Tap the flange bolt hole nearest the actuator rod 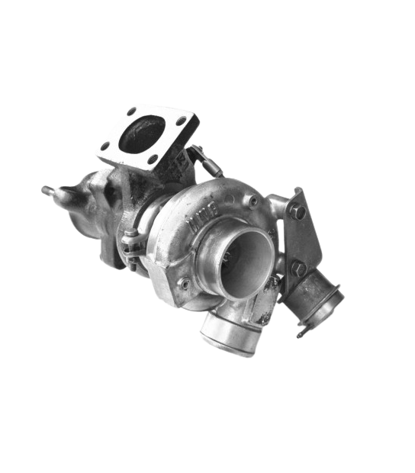click(x=181, y=121)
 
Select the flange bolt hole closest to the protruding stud click(x=105, y=145)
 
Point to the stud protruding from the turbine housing click(x=48, y=189)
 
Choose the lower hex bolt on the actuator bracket click(x=298, y=269)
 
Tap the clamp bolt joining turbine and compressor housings click(x=131, y=246)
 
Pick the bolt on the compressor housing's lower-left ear click(x=184, y=283)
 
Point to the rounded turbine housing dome click(x=84, y=206)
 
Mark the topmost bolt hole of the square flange click(x=132, y=111)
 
